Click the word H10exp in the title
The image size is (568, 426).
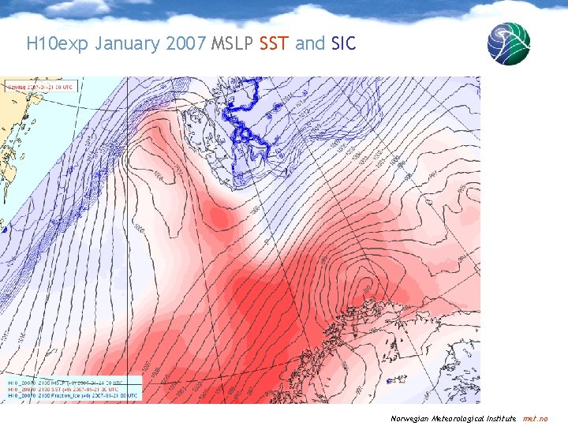(58, 43)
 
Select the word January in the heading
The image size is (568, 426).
(128, 43)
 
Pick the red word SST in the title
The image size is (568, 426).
(275, 43)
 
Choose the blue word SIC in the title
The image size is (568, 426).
(344, 43)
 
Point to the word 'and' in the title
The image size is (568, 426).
(310, 43)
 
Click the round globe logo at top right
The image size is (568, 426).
(508, 43)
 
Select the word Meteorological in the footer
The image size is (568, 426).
(464, 418)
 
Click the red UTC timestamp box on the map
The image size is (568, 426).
(39, 86)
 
